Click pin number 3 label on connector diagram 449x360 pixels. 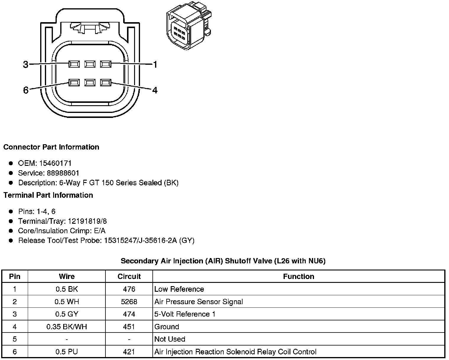click(26, 64)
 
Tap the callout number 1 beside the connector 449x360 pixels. click(155, 64)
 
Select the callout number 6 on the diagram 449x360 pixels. click(26, 90)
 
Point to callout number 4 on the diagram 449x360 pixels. click(155, 90)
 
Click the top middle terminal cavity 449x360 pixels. click(90, 64)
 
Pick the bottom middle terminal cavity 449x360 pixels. click(90, 82)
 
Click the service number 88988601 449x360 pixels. click(63, 173)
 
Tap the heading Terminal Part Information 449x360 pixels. click(48, 195)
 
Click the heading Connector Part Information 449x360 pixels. click(51, 147)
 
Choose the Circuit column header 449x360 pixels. click(129, 276)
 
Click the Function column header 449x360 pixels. click(298, 276)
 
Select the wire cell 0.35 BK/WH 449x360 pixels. click(67, 327)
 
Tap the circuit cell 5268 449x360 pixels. click(129, 301)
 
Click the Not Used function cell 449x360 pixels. click(170, 339)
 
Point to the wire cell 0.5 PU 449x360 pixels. click(67, 352)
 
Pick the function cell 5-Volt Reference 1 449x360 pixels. click(185, 314)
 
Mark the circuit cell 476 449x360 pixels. click(129, 289)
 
